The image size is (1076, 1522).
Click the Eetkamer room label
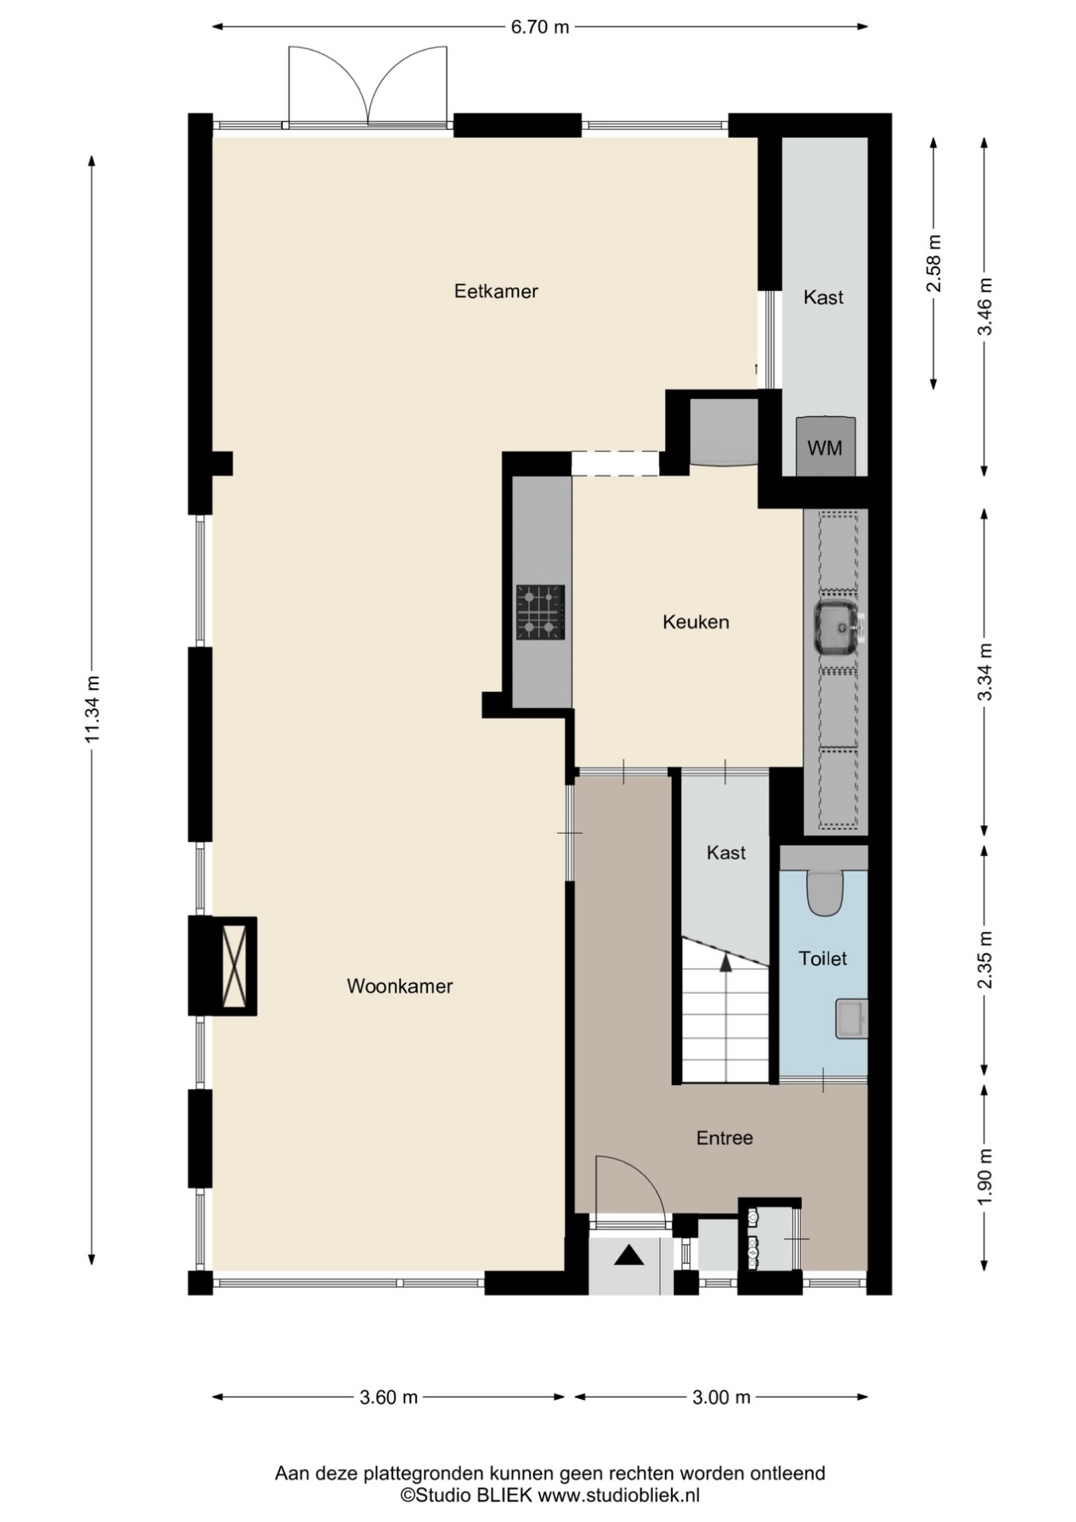pos(496,291)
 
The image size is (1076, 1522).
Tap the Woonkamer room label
pos(399,986)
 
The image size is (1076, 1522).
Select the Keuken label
pos(696,622)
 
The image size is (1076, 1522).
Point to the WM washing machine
pos(826,447)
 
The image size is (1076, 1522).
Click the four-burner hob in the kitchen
pos(540,612)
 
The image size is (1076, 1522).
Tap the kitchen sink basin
pos(836,627)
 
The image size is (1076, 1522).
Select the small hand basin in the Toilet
pos(851,1018)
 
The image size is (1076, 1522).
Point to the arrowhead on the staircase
pos(725,962)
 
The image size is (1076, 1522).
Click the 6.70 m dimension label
pos(540,27)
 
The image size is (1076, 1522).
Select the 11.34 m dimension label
pos(93,709)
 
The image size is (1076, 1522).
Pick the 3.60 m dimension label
pos(389,1397)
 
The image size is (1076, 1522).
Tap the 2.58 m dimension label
pos(933,263)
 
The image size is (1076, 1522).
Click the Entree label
pos(725,1138)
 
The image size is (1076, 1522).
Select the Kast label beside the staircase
pos(726,853)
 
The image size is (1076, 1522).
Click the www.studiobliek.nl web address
pos(619,1496)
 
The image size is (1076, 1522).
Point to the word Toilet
pos(823,958)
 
